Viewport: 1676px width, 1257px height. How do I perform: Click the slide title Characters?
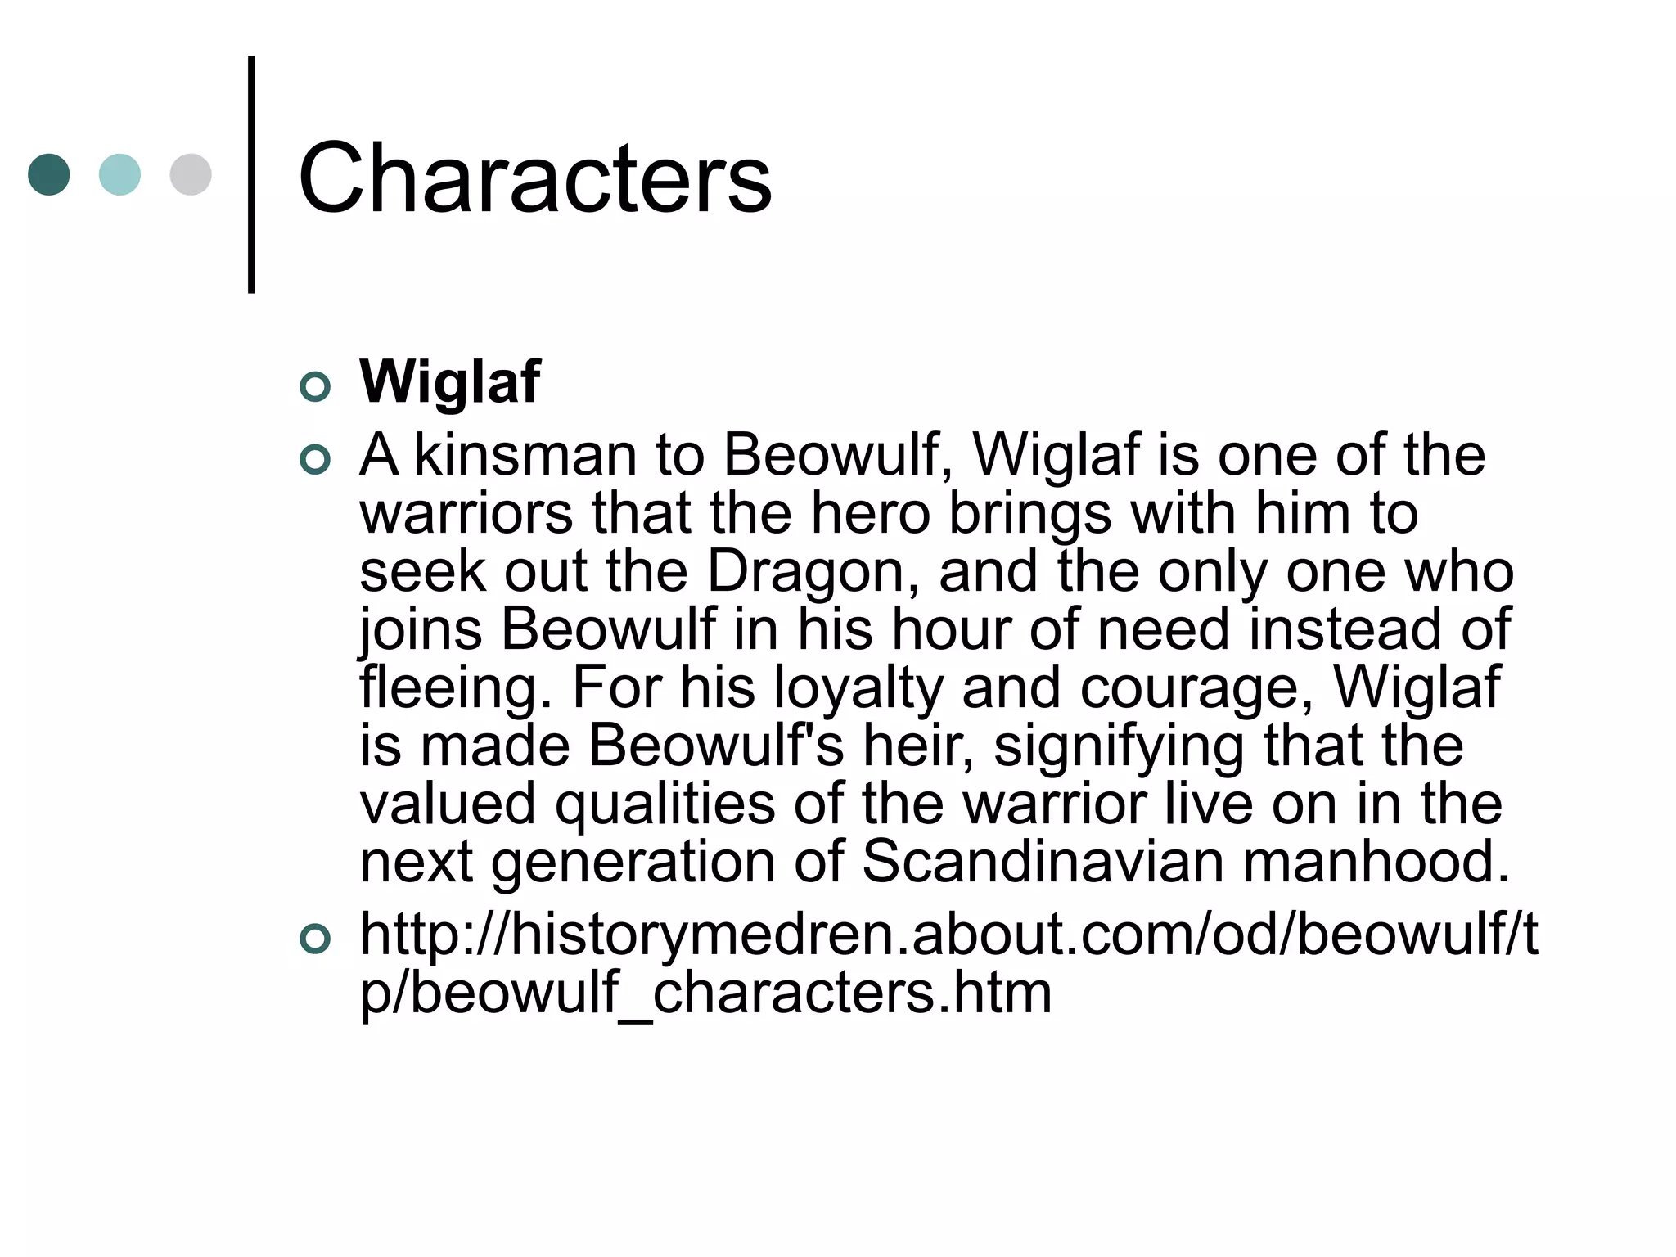535,178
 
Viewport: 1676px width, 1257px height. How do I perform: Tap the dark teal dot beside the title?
49,174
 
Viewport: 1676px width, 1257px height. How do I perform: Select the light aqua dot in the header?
119,174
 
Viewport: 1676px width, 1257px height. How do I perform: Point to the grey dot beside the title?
191,174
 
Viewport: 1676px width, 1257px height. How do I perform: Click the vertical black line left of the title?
251,174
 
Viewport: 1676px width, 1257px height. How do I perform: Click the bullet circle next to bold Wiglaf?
315,386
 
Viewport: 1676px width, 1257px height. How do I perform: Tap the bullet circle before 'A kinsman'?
315,460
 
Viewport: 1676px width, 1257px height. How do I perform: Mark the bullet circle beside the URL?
315,939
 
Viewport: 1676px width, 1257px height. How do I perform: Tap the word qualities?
665,805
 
